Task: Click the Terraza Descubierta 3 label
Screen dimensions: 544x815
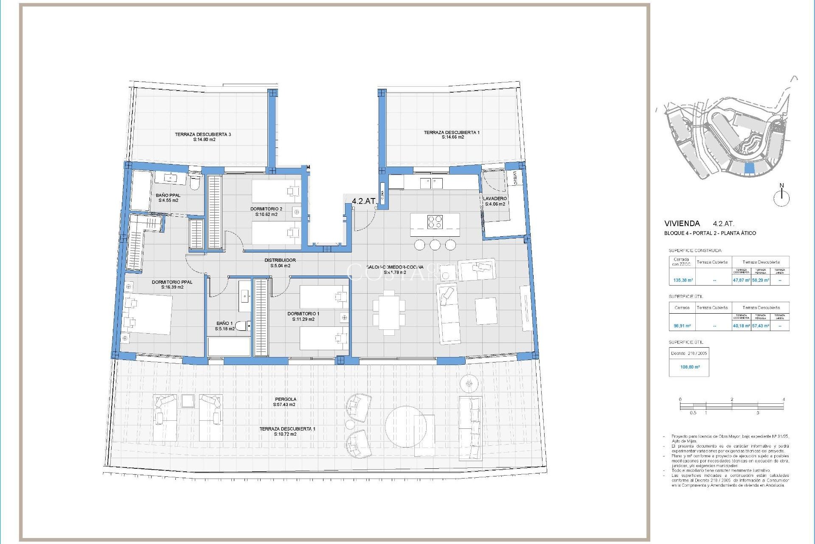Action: click(x=203, y=134)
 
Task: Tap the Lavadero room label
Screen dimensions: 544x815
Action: click(x=495, y=198)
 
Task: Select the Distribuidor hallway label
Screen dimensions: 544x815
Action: click(x=280, y=260)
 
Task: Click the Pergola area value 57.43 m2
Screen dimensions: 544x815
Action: click(x=284, y=405)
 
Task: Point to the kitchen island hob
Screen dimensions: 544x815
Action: click(x=435, y=222)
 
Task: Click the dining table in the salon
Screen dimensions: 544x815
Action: click(x=389, y=312)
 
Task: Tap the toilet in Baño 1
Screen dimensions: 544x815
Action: click(x=242, y=326)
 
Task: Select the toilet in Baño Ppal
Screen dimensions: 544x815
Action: click(x=194, y=182)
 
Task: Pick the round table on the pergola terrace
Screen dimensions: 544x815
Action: click(x=405, y=425)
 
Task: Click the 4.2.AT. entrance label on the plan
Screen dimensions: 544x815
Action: click(x=364, y=201)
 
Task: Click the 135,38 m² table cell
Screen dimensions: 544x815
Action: click(x=683, y=280)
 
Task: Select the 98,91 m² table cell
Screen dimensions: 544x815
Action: click(x=682, y=326)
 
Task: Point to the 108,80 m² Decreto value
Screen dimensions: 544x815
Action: click(x=690, y=367)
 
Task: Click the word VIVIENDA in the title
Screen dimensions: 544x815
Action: click(x=682, y=224)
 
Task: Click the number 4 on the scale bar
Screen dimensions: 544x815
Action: click(x=784, y=399)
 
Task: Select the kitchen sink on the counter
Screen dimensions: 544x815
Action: click(x=431, y=183)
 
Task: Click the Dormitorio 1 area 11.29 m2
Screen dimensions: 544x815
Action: click(x=303, y=319)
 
